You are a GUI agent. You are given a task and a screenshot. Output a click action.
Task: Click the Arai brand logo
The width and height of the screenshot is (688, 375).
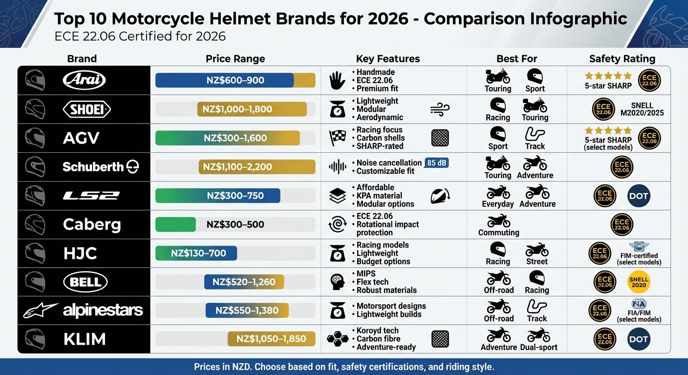point(84,80)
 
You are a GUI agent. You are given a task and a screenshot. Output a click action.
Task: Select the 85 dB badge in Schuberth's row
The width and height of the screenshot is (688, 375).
point(437,163)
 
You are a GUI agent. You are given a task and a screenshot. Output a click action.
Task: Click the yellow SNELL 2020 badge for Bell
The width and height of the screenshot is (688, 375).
point(639,282)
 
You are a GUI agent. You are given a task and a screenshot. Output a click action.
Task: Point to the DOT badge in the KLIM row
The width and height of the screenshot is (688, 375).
point(639,339)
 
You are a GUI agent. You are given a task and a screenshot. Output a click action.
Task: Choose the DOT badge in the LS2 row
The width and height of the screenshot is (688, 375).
point(639,196)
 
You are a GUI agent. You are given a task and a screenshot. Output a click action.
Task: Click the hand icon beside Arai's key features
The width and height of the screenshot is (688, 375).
point(338,80)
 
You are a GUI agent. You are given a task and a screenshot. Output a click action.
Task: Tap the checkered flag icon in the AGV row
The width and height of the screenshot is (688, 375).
point(338,138)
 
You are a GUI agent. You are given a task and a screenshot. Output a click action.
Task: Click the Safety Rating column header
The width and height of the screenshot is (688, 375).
point(622,59)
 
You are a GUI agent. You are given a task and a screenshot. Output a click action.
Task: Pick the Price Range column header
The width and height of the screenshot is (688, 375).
point(235,59)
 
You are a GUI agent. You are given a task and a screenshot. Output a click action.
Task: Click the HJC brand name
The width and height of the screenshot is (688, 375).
point(80,253)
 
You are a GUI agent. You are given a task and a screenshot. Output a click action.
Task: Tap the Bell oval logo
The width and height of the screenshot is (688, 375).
point(86,282)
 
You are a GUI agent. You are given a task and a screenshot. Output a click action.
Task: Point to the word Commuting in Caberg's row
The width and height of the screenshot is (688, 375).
point(498,232)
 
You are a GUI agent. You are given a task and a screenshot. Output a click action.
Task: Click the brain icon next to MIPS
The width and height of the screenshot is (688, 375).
point(338,282)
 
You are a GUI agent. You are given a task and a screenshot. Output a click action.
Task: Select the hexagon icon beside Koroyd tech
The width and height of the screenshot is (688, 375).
point(338,339)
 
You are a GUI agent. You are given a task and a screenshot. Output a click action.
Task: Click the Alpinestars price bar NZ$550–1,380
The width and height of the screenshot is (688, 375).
point(247,311)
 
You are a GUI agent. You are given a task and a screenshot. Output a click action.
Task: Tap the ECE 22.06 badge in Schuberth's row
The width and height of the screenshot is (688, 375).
point(622,167)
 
